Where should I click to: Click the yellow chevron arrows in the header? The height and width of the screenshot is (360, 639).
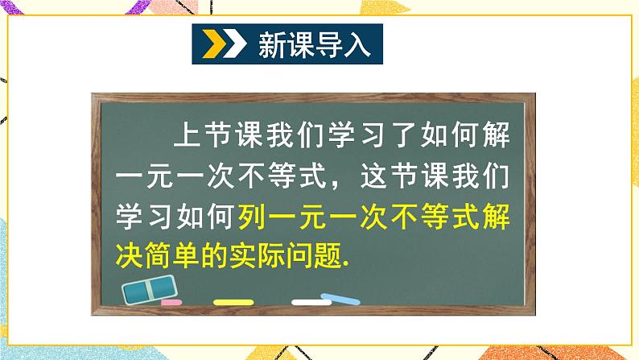pyautogui.click(x=221, y=45)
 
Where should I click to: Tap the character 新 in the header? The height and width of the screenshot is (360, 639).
pyautogui.click(x=271, y=45)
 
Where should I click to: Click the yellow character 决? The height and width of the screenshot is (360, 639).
pyautogui.click(x=131, y=257)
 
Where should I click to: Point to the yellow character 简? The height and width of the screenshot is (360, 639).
pyautogui.click(x=165, y=257)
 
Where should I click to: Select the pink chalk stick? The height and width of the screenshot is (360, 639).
pyautogui.click(x=171, y=304)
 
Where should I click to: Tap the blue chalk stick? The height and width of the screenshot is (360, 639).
pyautogui.click(x=341, y=301)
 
